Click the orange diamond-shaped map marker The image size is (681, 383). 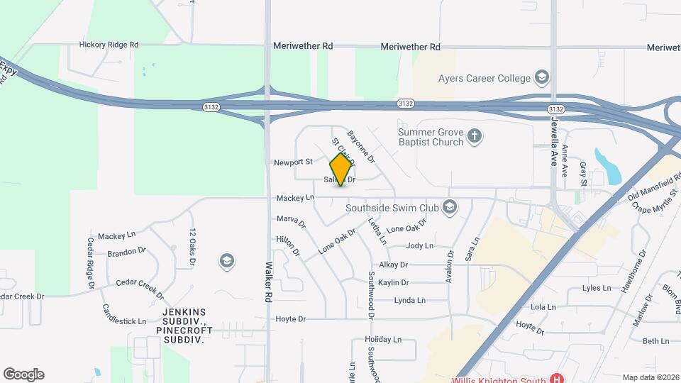(341, 169)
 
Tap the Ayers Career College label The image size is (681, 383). (485, 77)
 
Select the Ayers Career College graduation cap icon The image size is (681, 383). (543, 77)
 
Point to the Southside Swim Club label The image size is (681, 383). (391, 208)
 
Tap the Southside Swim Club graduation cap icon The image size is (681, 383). (448, 207)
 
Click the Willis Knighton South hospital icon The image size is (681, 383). (558, 379)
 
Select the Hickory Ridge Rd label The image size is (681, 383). (108, 45)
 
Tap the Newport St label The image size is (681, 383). (293, 162)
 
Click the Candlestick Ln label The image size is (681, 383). (124, 311)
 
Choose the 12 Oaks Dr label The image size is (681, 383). (192, 248)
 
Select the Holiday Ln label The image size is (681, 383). (382, 340)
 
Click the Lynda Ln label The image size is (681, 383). (409, 301)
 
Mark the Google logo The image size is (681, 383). (23, 374)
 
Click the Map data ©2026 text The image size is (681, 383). (650, 377)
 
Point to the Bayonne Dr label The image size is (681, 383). (361, 145)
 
